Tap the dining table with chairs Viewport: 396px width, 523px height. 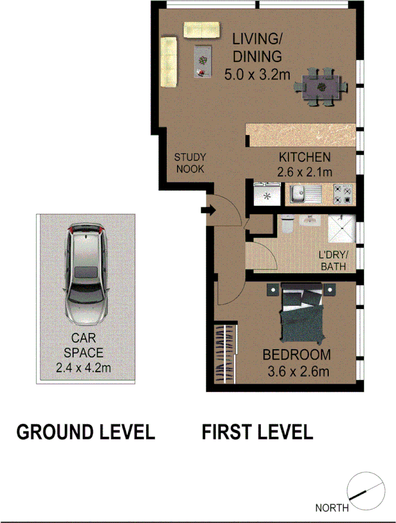click(x=321, y=86)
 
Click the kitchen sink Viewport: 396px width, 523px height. click(x=299, y=194)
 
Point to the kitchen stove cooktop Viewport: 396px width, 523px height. click(x=344, y=194)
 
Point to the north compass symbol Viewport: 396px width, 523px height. click(x=366, y=491)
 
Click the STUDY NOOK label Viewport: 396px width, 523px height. click(x=190, y=163)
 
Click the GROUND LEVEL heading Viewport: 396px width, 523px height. click(x=86, y=432)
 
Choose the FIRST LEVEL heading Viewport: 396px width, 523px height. click(x=257, y=432)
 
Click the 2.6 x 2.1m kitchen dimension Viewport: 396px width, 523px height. click(x=305, y=171)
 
